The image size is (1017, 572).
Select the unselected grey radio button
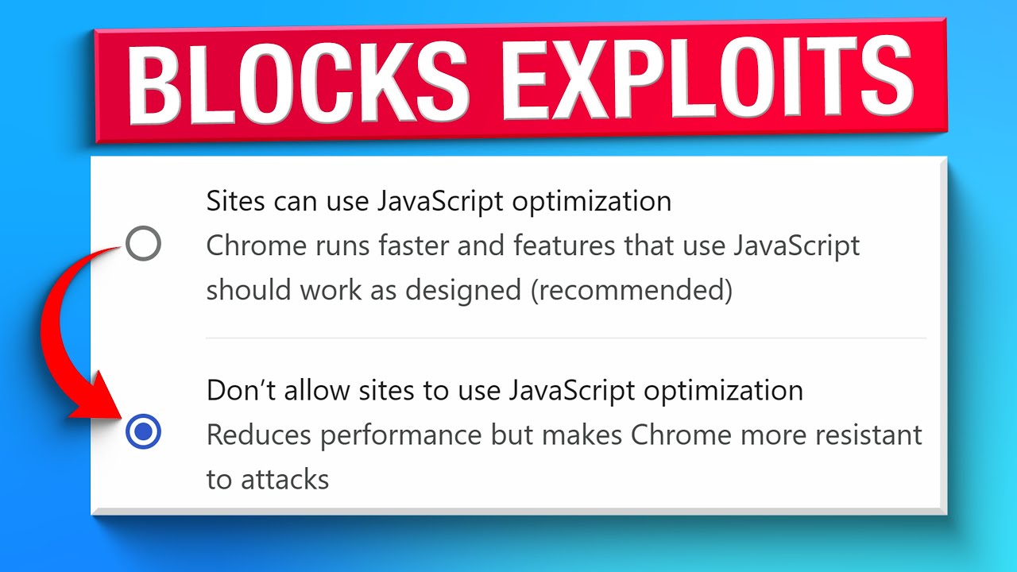[x=144, y=243]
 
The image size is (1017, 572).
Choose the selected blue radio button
[x=144, y=431]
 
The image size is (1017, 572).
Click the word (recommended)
[x=631, y=291]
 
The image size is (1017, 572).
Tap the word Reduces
[x=252, y=435]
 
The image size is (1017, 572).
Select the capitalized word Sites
[x=235, y=201]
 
